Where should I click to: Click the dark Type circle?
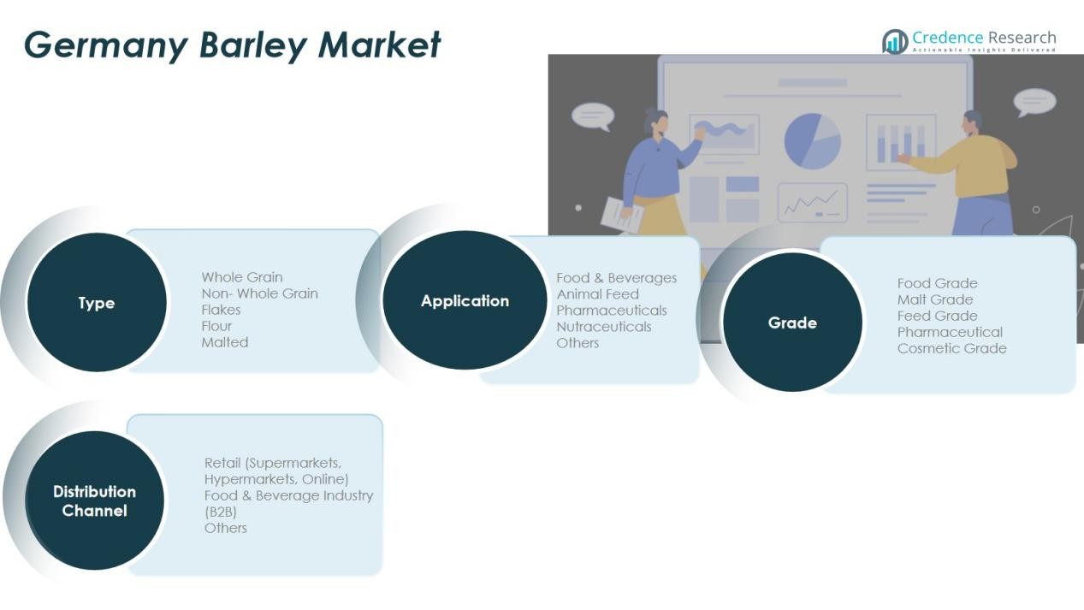pos(97,302)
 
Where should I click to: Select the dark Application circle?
pos(465,300)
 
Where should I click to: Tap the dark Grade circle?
pos(792,323)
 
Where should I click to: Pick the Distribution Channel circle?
pos(94,500)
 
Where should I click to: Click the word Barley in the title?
pos(252,45)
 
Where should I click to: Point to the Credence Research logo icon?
pos(895,42)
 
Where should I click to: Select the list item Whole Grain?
pos(242,277)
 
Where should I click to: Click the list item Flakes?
pos(221,310)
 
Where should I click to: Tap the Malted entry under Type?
pos(224,342)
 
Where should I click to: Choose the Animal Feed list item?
pos(597,294)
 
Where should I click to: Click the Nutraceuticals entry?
pos(603,327)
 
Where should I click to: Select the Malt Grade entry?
pos(934,299)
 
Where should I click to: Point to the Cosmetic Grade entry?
pos(951,348)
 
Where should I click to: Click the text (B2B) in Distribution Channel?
pos(220,512)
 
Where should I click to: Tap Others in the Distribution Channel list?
pos(225,528)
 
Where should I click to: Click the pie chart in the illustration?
pos(813,141)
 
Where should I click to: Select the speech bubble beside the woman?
pos(593,116)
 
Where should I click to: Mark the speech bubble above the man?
pos(1034,102)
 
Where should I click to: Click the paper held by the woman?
pos(622,215)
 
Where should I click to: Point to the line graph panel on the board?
pos(813,203)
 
